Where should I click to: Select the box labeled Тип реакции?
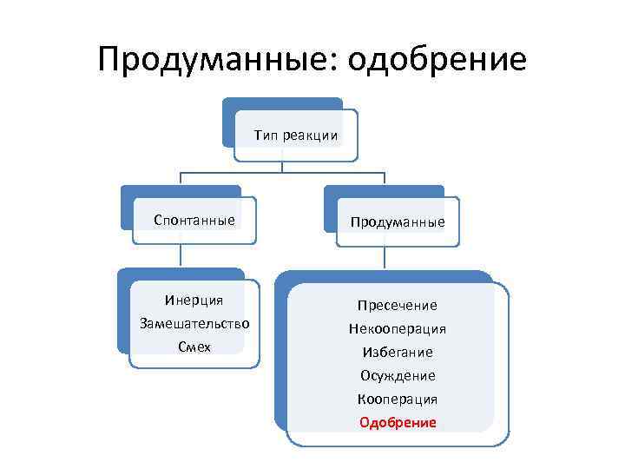(296, 135)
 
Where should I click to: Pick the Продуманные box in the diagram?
(398, 222)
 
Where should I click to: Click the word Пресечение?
(398, 306)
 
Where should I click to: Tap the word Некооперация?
(398, 329)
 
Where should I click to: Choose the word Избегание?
(398, 353)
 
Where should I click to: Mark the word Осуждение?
(398, 376)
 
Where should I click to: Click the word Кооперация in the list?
(398, 400)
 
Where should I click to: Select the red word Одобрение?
(398, 423)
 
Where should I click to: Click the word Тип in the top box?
(265, 135)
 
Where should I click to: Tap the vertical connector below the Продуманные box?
(384, 259)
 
